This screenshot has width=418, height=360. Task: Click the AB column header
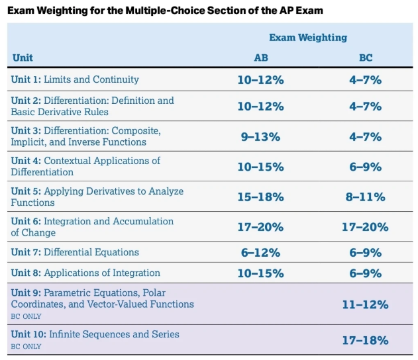[261, 58]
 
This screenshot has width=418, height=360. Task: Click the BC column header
[366, 58]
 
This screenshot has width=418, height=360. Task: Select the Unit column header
[23, 58]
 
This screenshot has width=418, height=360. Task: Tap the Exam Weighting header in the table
[308, 38]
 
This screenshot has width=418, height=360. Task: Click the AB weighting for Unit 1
[261, 80]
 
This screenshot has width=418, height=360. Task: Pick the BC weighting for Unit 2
[366, 107]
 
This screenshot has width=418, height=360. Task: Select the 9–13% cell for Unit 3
[261, 137]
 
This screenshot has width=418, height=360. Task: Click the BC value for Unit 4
[366, 167]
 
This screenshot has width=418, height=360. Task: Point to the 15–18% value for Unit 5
[261, 197]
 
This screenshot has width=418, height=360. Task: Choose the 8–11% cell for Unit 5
[366, 197]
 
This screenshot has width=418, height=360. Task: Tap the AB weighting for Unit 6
[261, 227]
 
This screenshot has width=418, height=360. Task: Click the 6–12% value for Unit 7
[261, 252]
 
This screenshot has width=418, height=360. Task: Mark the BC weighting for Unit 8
[366, 273]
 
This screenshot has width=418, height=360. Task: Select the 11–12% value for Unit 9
[366, 304]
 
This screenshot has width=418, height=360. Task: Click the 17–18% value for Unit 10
[366, 340]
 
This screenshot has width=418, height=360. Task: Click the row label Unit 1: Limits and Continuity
[75, 79]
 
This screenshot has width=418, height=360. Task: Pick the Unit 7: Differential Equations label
[75, 252]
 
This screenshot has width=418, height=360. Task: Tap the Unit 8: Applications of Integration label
[85, 273]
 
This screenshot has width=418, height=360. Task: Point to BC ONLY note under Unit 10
[26, 346]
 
